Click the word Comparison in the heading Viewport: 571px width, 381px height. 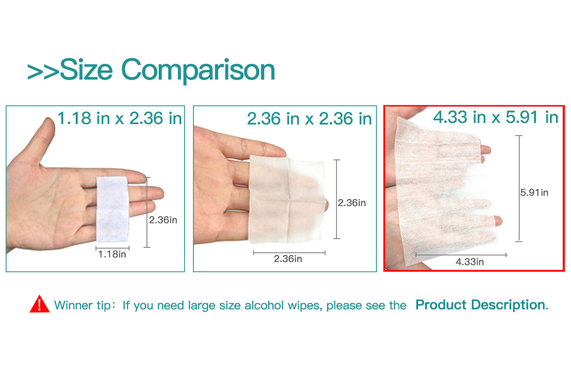coord(198,70)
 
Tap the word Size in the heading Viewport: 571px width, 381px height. coord(86,69)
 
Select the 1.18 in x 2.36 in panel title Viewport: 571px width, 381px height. coord(120,118)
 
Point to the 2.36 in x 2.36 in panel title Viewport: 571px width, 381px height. coord(309,118)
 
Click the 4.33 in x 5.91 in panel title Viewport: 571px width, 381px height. coord(495,117)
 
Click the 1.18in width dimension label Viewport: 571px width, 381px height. coord(112,254)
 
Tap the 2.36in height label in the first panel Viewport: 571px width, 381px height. coord(163,220)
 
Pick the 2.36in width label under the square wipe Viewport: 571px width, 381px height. coord(288,259)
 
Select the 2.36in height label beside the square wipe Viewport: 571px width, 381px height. coord(352,203)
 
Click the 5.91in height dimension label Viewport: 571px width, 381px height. coord(534,192)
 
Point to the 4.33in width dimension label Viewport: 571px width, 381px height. coord(470,262)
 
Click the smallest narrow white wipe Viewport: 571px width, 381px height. coord(112,209)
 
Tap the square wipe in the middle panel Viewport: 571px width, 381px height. coord(286,200)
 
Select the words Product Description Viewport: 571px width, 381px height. coord(482,304)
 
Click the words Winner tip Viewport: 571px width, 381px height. coord(82,305)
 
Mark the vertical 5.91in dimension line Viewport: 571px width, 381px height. coord(519,188)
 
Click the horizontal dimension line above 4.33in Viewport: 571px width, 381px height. coord(461,255)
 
